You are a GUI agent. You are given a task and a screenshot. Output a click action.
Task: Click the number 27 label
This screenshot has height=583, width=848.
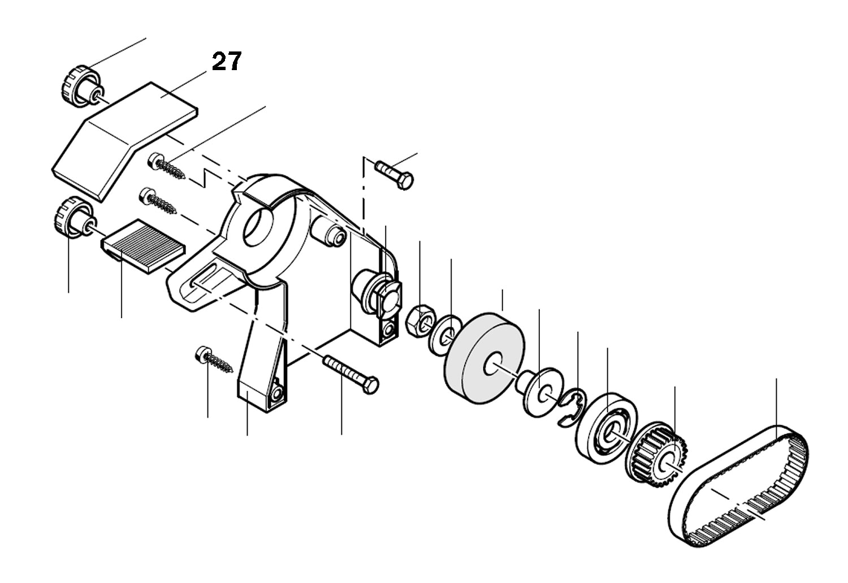[227, 61]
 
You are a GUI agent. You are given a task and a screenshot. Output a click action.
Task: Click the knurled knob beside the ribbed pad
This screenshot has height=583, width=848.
[72, 216]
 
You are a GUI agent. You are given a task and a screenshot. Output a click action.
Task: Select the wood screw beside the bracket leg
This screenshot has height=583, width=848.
[215, 361]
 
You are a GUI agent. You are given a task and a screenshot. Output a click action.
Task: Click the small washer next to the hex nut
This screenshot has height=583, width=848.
[443, 335]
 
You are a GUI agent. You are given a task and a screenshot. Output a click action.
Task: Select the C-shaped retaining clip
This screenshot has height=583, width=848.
[571, 406]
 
